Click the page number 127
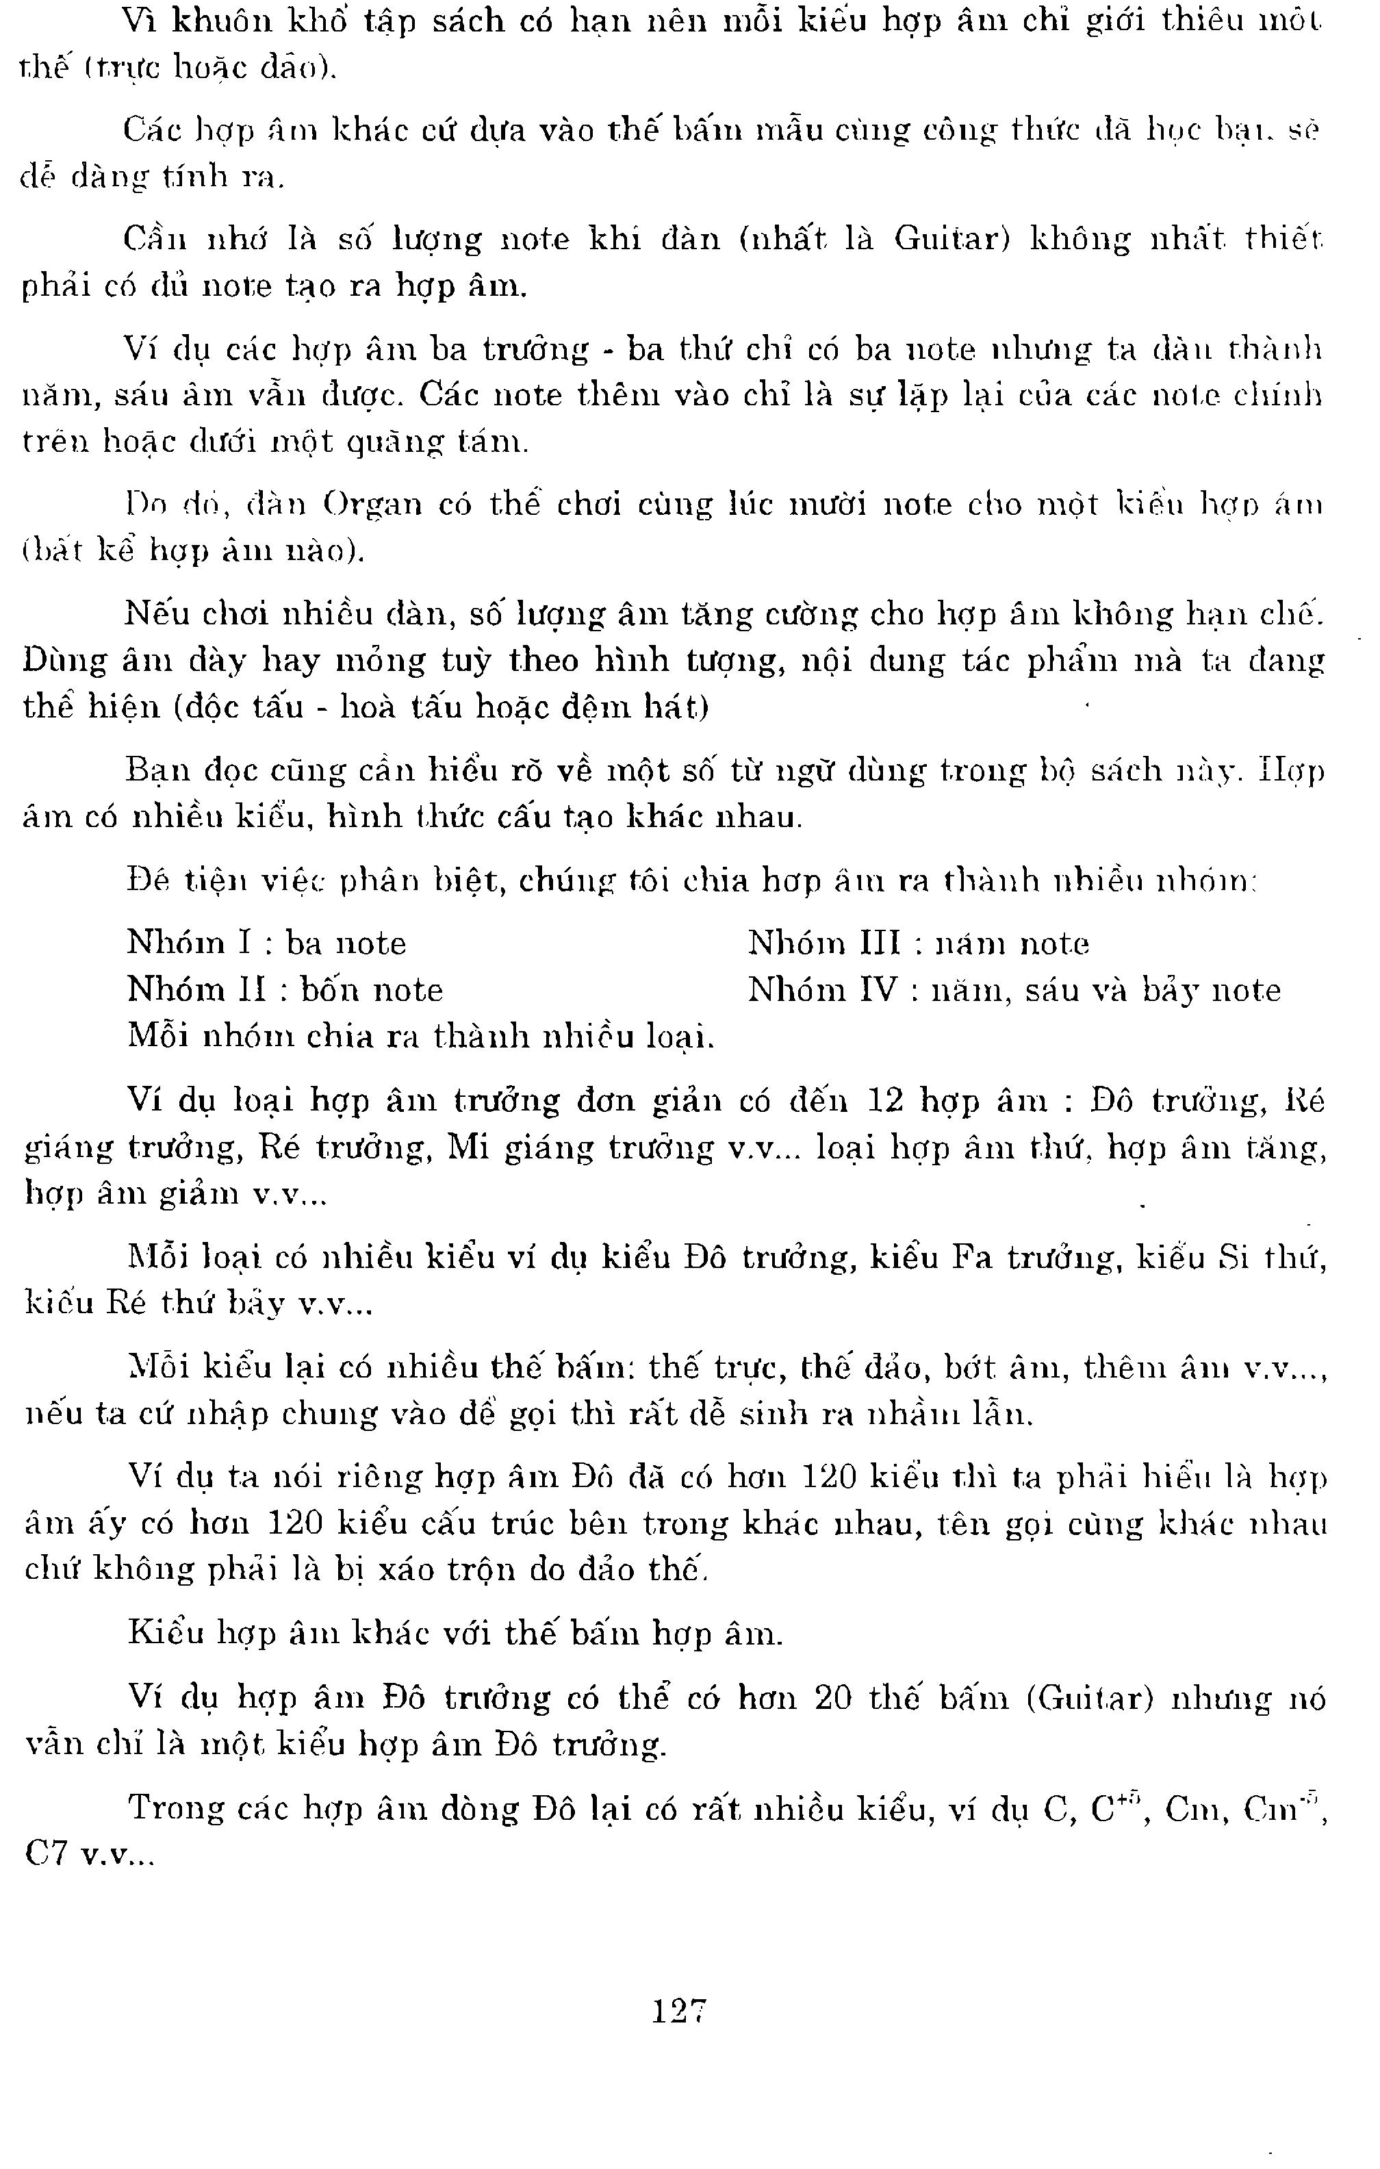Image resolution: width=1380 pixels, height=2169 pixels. tap(679, 2010)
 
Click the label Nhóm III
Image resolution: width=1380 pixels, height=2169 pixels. tap(824, 943)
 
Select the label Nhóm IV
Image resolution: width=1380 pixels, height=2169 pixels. tap(823, 990)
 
